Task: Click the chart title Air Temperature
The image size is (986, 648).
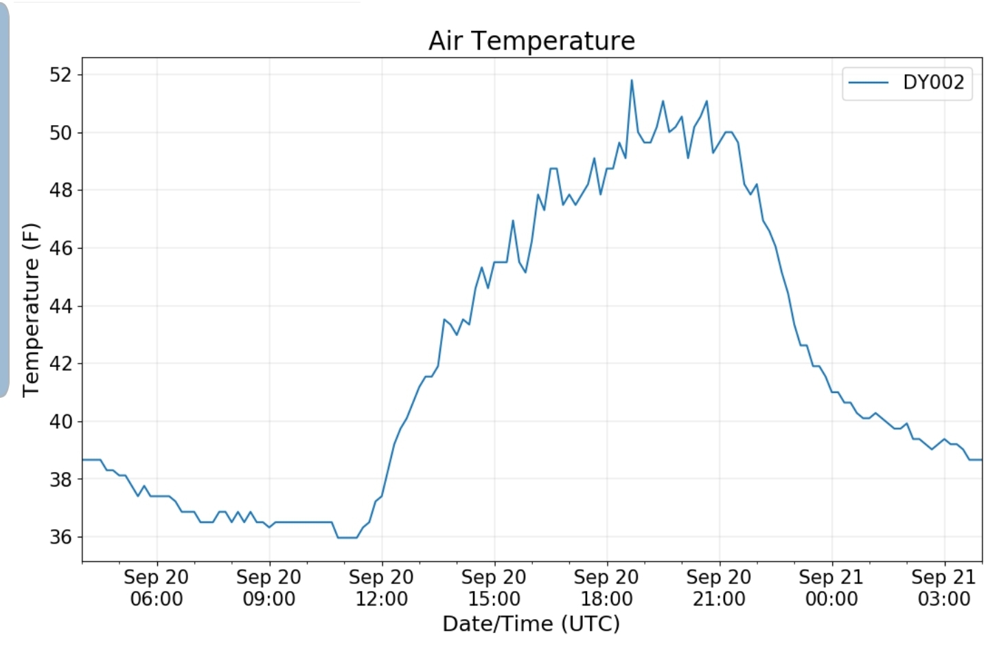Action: click(x=531, y=41)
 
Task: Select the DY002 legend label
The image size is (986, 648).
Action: click(x=933, y=82)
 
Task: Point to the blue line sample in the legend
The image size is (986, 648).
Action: click(x=869, y=82)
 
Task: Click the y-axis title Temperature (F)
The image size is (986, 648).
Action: click(x=31, y=310)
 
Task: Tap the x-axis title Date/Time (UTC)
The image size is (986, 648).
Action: click(x=531, y=623)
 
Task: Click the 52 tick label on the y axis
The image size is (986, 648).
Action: click(x=60, y=74)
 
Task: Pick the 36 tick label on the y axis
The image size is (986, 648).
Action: click(x=60, y=537)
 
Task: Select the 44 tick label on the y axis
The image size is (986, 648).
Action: click(x=60, y=306)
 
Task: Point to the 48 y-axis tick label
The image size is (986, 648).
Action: click(x=60, y=190)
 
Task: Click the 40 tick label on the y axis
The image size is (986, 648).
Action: click(x=60, y=421)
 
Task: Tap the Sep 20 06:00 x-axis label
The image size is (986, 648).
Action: click(x=157, y=588)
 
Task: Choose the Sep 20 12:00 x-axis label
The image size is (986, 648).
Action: click(x=382, y=588)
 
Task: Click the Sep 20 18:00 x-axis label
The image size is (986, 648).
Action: click(x=607, y=588)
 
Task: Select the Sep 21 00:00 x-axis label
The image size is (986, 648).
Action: click(x=832, y=588)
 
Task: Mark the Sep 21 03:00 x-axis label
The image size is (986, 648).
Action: click(x=944, y=588)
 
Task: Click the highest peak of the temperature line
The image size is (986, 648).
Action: click(x=632, y=80)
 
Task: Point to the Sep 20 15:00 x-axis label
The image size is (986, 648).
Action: click(x=494, y=588)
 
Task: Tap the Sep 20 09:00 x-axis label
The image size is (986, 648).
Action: click(x=269, y=588)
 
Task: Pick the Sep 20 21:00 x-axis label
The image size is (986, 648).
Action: click(x=719, y=588)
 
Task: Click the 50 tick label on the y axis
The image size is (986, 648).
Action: click(x=60, y=133)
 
